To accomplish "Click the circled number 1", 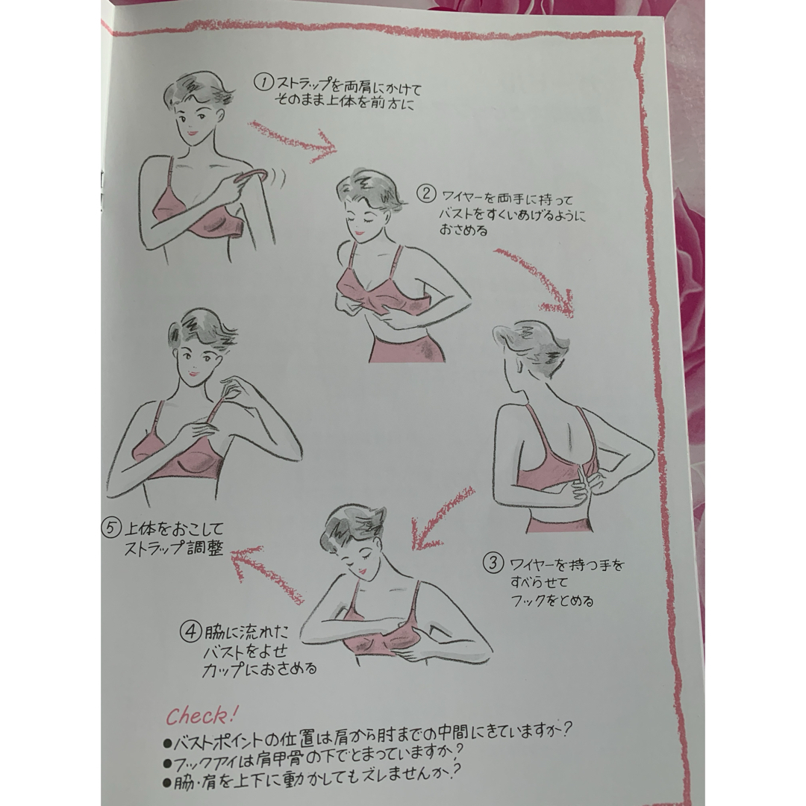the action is point(263,83).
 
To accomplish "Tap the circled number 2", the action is point(425,194).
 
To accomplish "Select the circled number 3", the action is point(493,563).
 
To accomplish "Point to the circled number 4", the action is point(190,632).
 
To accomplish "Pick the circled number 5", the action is point(110,528).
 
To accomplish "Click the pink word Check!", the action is point(201,715).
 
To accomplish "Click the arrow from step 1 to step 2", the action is point(293,141).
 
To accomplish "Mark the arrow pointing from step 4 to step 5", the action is point(265,573).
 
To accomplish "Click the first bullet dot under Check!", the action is point(167,743).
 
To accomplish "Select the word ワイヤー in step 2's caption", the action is point(462,197).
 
